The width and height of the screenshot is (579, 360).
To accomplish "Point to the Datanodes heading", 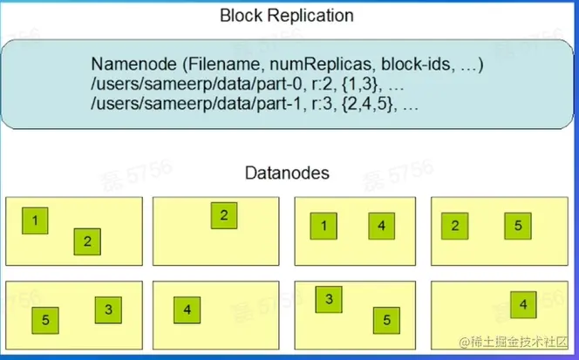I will [x=287, y=173].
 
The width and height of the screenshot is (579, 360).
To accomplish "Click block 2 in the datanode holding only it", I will [x=223, y=216].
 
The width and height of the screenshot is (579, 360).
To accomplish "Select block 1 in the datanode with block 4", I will [x=324, y=228].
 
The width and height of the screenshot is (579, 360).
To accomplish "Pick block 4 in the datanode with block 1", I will [x=381, y=228].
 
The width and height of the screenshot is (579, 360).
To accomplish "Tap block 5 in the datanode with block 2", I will [x=517, y=227].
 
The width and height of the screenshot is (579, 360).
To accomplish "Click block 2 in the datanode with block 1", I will [x=87, y=242].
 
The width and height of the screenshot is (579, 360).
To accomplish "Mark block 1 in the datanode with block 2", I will [x=35, y=221].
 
